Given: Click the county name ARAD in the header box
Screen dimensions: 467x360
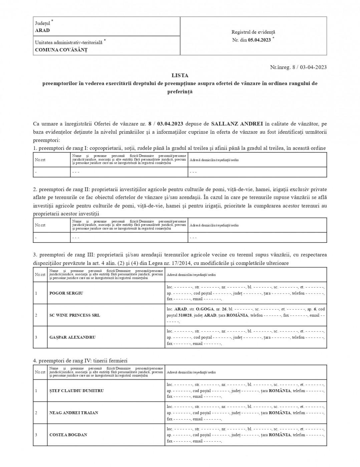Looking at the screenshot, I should coord(42,30).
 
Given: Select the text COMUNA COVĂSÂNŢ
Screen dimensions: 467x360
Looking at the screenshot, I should coord(61,50).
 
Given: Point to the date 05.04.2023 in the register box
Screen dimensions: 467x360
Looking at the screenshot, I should coord(259,40).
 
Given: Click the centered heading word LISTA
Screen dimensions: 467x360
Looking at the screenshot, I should coord(180,76).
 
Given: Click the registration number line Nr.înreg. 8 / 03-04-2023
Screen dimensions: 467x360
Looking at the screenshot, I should coord(298,67).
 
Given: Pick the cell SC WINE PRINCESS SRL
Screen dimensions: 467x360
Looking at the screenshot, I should coord(74,315).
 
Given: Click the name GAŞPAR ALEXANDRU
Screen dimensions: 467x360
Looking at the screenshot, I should coord(72,337).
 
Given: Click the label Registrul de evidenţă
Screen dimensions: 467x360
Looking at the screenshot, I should coord(253,32).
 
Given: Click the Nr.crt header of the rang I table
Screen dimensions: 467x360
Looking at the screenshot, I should coord(40,160).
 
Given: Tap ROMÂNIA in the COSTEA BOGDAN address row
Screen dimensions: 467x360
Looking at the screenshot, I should coord(280,435).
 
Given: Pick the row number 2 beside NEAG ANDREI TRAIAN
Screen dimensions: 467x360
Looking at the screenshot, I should coord(36,413).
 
